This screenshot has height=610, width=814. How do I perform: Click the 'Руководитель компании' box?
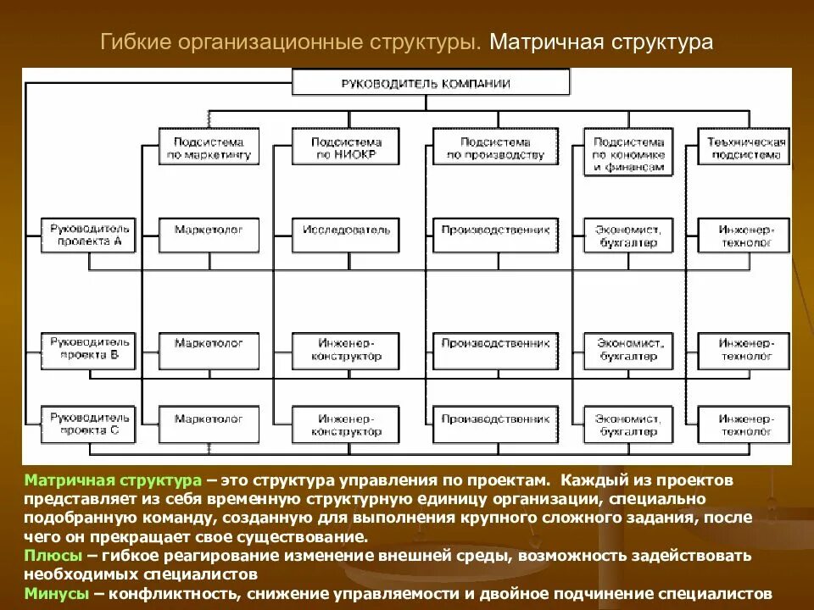click(431, 83)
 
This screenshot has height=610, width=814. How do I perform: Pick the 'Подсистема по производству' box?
click(495, 149)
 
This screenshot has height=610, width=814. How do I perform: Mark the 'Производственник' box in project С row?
click(495, 419)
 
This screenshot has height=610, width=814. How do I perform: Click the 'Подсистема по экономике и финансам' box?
click(627, 152)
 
